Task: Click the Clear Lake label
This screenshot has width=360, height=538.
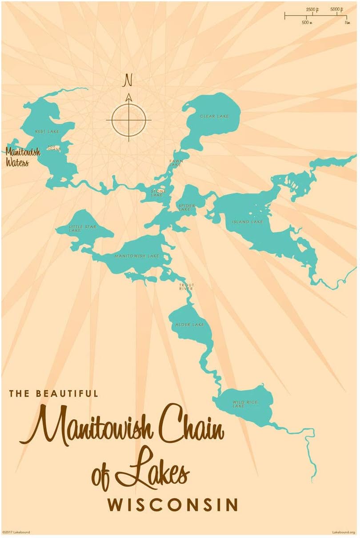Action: click(x=214, y=116)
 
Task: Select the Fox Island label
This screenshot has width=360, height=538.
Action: click(x=54, y=148)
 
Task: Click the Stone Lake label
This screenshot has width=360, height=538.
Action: click(x=158, y=193)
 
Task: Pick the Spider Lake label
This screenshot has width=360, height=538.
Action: click(x=185, y=207)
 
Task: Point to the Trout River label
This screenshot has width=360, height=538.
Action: click(x=186, y=287)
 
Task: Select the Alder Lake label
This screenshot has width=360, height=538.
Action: click(x=190, y=325)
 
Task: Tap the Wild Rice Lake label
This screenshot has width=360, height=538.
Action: click(x=245, y=404)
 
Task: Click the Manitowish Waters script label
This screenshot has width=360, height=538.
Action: click(x=23, y=157)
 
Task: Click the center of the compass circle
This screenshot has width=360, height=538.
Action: click(x=128, y=120)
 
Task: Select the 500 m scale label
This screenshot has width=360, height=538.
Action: click(x=306, y=22)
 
